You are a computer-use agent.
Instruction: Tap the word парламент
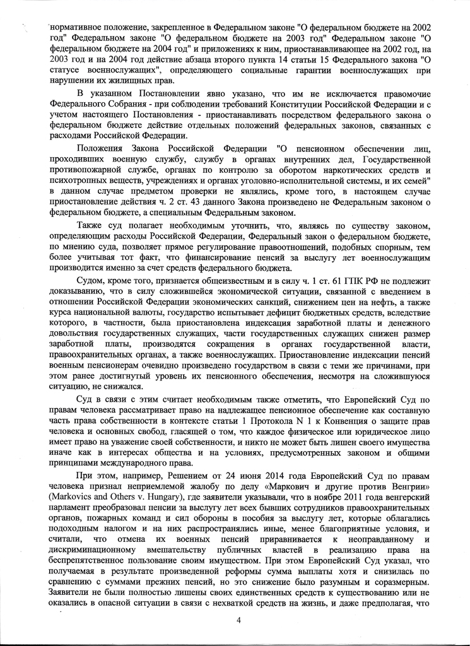point(70,511)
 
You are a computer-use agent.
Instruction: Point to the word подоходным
point(74,534)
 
